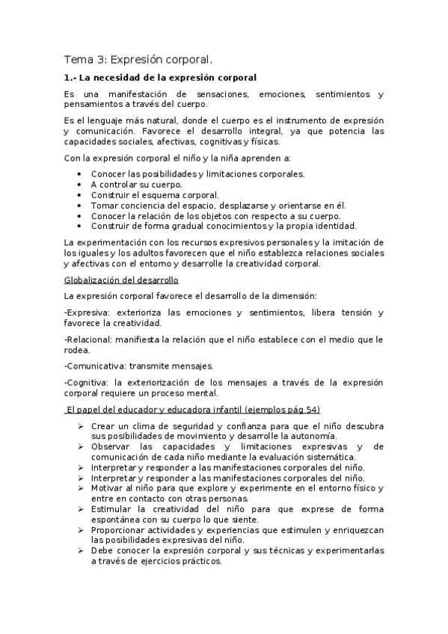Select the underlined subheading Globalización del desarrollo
(121, 280)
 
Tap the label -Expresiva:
(87, 312)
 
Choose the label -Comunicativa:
(96, 366)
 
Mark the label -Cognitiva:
(87, 382)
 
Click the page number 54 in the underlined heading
(307, 409)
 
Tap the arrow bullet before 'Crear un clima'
(80, 426)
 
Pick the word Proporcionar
(122, 530)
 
